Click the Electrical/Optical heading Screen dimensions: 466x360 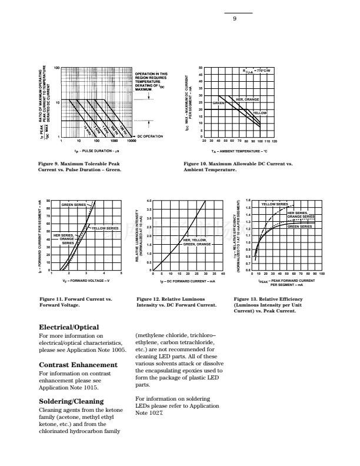[69, 327]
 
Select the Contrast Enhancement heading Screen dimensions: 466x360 [76, 365]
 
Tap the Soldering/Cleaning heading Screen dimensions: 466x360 [74, 402]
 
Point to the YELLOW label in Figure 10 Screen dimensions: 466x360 [259, 113]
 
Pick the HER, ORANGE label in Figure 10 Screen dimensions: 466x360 [247, 99]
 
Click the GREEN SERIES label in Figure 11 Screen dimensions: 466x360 [74, 204]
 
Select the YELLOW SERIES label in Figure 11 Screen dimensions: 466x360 [106, 228]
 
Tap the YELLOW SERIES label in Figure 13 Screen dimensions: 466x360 [274, 204]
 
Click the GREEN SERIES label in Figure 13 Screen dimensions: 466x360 [299, 226]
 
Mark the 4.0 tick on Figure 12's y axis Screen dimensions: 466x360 [149, 201]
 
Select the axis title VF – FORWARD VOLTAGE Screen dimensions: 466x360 [78, 282]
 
